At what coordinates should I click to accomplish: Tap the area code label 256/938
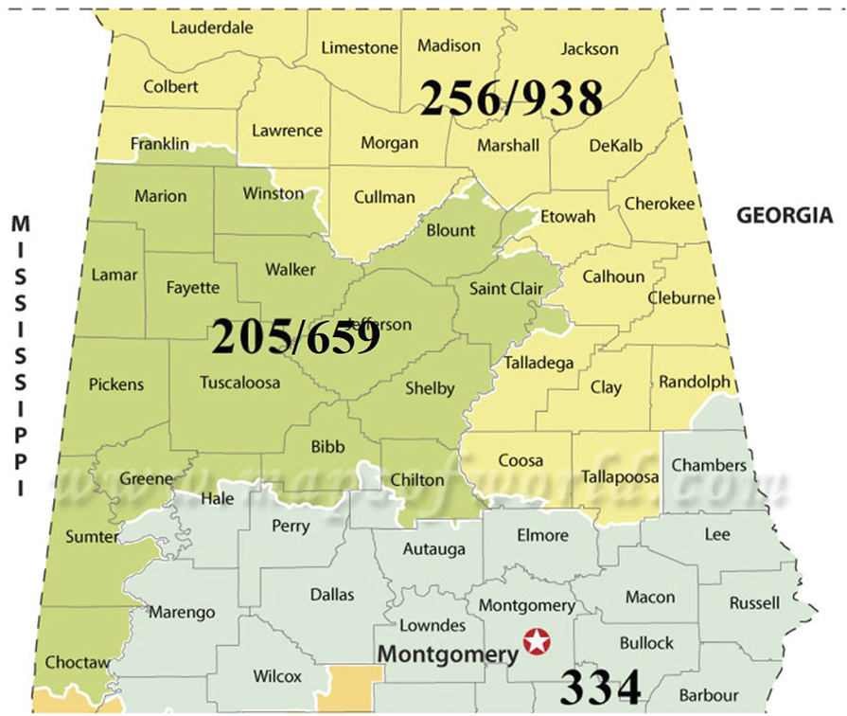511,98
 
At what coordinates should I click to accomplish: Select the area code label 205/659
295,336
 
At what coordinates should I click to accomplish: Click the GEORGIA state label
785,216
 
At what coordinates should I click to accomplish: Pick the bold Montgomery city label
448,653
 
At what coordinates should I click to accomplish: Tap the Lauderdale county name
212,27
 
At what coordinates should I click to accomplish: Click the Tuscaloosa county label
240,383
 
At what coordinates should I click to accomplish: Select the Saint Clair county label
506,288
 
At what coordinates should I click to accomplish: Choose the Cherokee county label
659,204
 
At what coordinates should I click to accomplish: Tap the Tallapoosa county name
620,476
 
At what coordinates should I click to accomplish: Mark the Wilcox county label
277,676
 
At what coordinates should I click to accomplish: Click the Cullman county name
384,197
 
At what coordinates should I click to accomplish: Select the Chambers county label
709,465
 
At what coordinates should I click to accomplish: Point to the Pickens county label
116,385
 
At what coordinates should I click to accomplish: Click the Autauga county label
433,548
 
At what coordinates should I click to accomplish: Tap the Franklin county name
160,144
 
